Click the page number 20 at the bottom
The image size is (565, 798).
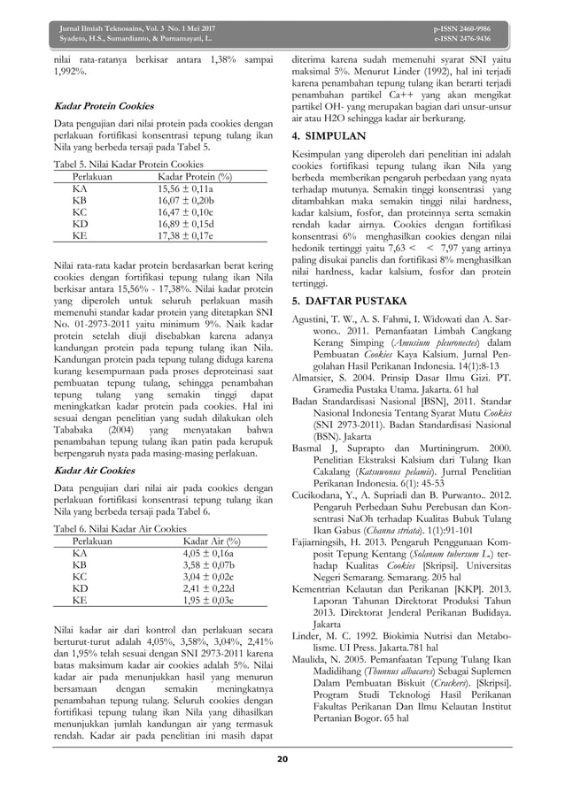(x=283, y=758)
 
